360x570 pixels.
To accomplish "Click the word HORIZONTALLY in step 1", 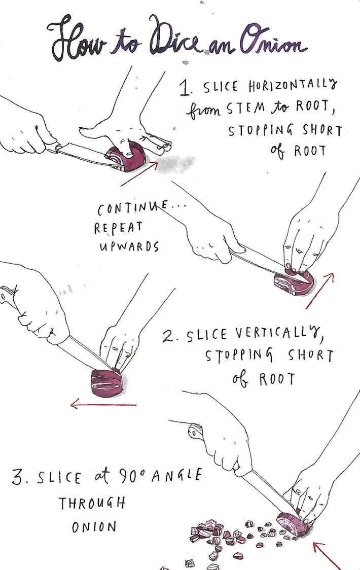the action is (x=293, y=87).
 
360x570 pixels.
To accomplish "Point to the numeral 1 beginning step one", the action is (x=185, y=88).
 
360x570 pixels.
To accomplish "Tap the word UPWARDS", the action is (x=129, y=247).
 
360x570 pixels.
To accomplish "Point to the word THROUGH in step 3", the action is (x=92, y=503).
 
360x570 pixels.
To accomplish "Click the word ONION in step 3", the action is (x=94, y=527).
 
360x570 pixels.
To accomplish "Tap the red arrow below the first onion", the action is (x=139, y=173).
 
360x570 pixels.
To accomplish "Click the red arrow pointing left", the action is (x=103, y=404).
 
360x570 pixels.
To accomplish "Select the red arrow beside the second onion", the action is (x=319, y=291).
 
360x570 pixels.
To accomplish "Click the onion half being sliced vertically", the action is (x=107, y=382).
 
